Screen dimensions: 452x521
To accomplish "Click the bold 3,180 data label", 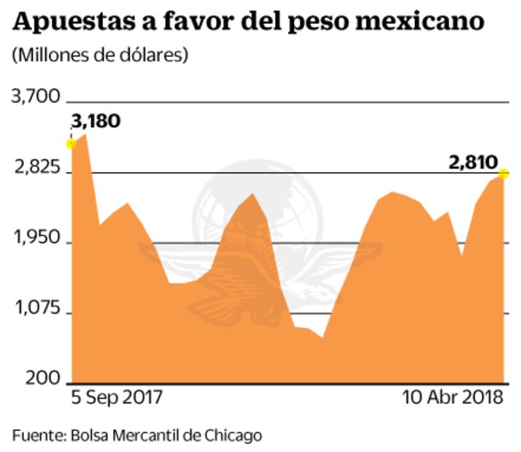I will [96, 120].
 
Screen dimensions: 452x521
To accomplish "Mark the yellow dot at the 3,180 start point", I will [72, 144].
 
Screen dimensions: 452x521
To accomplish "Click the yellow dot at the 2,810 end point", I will [503, 174].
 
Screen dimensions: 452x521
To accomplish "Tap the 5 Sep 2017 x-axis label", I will [116, 398].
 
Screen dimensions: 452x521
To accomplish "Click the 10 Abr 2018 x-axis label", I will [452, 398].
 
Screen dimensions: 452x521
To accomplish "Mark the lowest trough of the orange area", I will [322, 338].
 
